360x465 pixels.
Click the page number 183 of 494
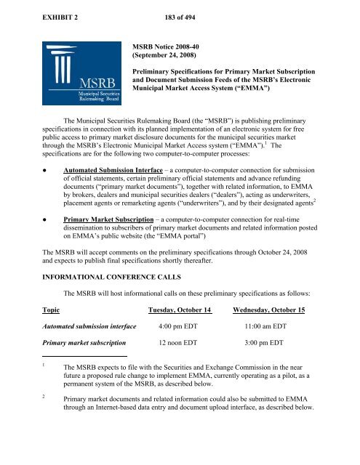[156, 9]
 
